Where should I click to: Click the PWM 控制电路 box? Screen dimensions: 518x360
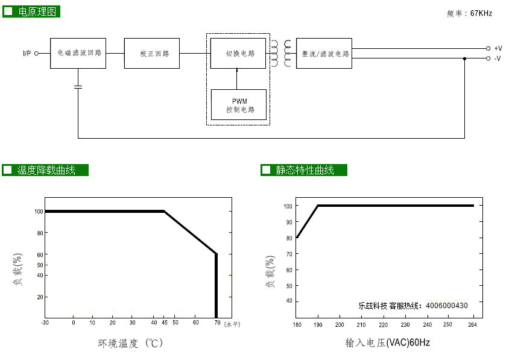[x=239, y=104]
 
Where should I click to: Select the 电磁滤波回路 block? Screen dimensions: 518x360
[x=78, y=53]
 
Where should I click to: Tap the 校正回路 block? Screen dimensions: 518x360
[x=152, y=53]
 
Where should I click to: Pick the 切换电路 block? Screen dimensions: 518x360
[x=238, y=53]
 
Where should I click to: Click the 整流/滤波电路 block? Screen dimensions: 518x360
[x=324, y=53]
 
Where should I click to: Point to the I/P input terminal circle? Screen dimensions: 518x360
[x=36, y=53]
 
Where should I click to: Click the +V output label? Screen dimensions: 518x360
[x=498, y=49]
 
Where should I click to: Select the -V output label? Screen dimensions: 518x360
[x=498, y=58]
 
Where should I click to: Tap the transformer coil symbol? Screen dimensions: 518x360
[x=281, y=53]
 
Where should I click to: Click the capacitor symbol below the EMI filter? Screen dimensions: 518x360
[x=78, y=87]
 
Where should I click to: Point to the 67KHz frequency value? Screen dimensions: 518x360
[x=481, y=13]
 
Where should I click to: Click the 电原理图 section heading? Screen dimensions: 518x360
[x=31, y=11]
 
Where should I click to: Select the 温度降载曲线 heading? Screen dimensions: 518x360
[x=45, y=170]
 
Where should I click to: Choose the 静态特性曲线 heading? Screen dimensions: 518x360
[x=304, y=170]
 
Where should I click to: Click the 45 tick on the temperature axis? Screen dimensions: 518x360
[x=165, y=323]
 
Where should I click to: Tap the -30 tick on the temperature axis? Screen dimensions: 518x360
[x=45, y=323]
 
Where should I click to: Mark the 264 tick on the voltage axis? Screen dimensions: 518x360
[x=472, y=324]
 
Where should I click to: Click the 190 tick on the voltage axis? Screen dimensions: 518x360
[x=318, y=324]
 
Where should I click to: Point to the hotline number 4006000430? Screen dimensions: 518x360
[x=447, y=306]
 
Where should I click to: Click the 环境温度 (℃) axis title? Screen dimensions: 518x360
[x=130, y=343]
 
